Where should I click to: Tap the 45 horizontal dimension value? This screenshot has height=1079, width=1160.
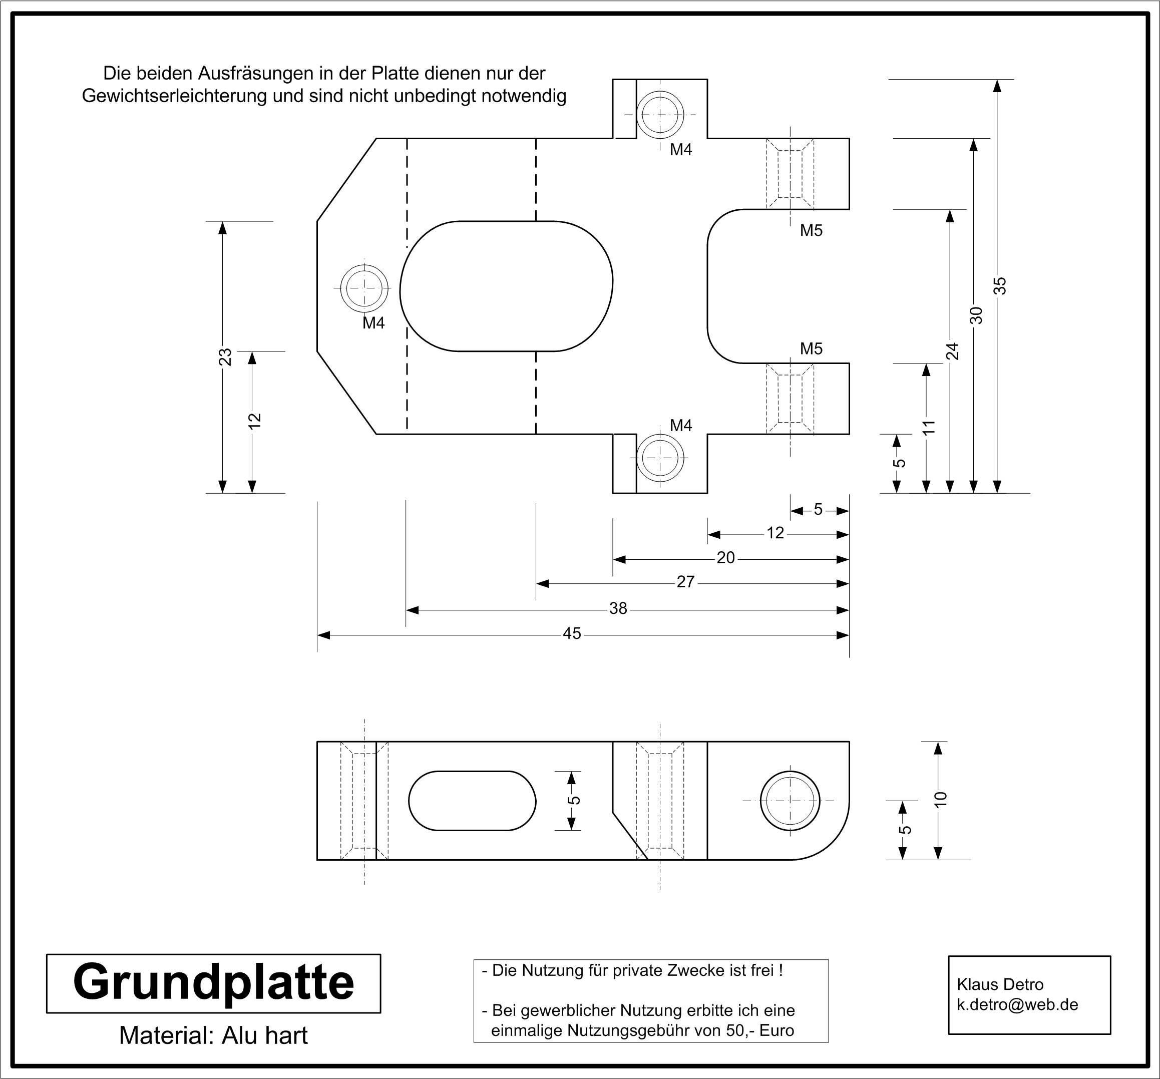(572, 634)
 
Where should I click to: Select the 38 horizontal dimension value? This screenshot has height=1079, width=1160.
(618, 609)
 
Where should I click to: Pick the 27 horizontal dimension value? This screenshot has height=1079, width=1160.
(685, 582)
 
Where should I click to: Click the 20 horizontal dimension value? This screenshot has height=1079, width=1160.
(725, 558)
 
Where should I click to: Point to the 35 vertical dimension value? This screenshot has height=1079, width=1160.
(999, 285)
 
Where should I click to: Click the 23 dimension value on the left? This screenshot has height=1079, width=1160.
(225, 357)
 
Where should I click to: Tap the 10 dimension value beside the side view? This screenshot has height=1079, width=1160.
(940, 800)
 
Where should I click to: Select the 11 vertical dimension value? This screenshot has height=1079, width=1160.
(928, 427)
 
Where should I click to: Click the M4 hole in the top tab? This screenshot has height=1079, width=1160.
(660, 114)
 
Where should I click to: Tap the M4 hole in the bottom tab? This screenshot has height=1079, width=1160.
(660, 458)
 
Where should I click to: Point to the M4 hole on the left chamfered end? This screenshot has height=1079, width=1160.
(364, 288)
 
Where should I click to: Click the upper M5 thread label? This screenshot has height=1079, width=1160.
(811, 230)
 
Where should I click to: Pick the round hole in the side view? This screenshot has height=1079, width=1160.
(790, 801)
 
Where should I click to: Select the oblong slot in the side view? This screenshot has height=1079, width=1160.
(472, 801)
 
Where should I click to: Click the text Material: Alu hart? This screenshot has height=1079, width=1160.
(214, 1035)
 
